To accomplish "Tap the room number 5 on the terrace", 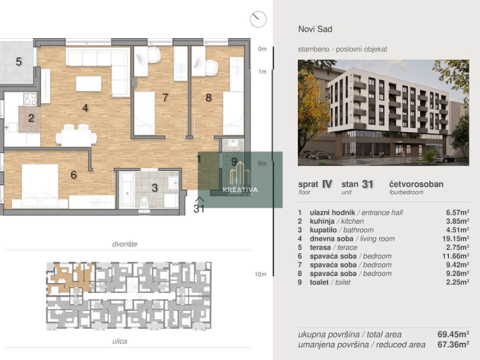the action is [18, 62].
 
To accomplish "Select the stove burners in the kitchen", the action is [30, 100].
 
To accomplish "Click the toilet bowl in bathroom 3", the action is [144, 202].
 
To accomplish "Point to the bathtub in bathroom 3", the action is [126, 190].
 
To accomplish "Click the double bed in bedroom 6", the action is [40, 182].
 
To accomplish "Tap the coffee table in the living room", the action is [88, 84].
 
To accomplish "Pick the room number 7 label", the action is [165, 97].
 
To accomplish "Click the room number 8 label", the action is [208, 98].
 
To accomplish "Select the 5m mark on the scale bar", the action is [262, 164].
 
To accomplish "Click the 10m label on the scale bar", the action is [260, 275].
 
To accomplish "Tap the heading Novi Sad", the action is [315, 29].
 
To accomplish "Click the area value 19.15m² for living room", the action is [457, 239].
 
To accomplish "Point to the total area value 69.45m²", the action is [453, 335].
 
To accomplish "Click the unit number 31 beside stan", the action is [367, 184].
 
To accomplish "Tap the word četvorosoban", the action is [416, 184].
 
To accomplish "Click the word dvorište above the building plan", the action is [125, 244].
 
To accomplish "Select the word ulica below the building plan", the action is [120, 342].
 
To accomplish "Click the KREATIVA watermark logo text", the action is [240, 190].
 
